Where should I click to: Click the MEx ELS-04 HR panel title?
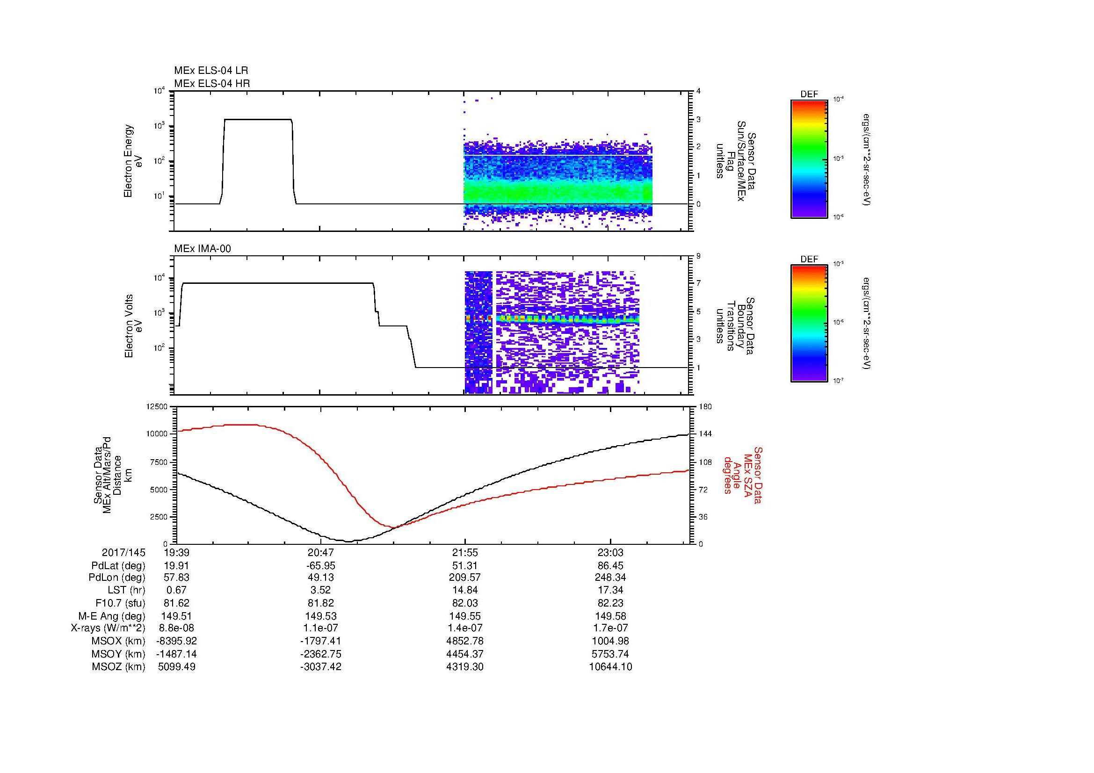[x=212, y=83]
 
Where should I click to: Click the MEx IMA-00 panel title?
[x=203, y=249]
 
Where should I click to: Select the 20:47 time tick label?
[x=321, y=553]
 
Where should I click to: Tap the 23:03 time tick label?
[x=610, y=553]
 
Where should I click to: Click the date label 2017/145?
[x=123, y=553]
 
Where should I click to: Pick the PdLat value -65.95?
[x=321, y=566]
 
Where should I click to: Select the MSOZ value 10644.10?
[x=610, y=667]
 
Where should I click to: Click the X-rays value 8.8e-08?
[x=177, y=628]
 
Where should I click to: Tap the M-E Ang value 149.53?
[x=321, y=616]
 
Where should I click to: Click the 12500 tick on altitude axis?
[x=157, y=407]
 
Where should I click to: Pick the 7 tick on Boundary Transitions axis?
[x=698, y=283]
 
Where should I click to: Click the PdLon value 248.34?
[x=610, y=578]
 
